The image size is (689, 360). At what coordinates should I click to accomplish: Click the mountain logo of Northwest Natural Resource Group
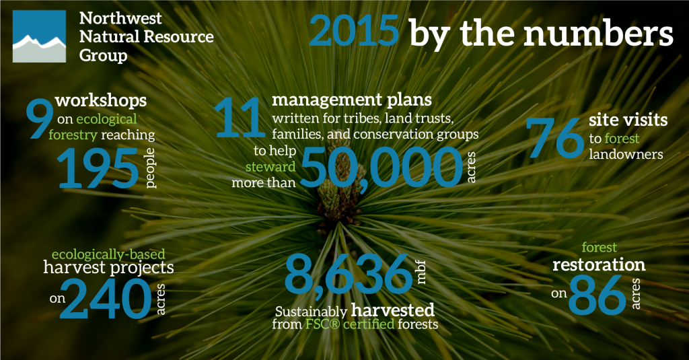click(39, 36)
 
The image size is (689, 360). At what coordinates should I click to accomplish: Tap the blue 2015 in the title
click(354, 31)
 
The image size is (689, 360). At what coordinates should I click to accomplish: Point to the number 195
click(98, 168)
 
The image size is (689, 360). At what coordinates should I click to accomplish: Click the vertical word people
click(150, 168)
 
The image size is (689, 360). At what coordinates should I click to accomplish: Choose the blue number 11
click(240, 117)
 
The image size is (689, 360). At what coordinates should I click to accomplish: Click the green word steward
click(270, 167)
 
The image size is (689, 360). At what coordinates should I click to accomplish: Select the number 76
click(554, 137)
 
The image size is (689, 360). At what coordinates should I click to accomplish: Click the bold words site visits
click(628, 120)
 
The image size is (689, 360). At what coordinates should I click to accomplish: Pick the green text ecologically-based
click(108, 254)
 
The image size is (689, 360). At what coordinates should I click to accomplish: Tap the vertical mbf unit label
click(421, 272)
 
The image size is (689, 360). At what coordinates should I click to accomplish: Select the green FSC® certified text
click(350, 324)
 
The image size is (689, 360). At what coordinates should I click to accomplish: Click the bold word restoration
click(599, 264)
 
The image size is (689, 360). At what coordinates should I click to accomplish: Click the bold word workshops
click(101, 100)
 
